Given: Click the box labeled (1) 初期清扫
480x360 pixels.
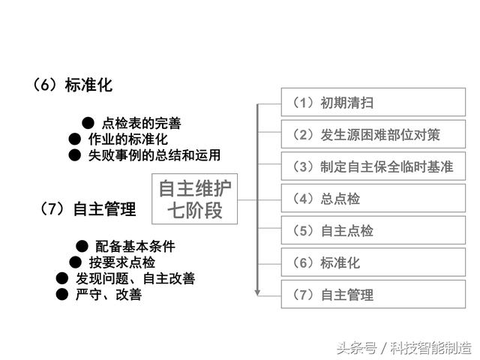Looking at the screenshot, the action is click(373, 102).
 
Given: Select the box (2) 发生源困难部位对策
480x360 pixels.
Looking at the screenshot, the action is click(373, 134).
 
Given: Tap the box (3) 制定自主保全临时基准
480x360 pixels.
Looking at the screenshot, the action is click(373, 166).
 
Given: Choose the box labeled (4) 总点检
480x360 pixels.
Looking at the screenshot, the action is click(373, 198).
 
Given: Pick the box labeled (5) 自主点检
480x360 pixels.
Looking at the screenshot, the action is click(373, 230).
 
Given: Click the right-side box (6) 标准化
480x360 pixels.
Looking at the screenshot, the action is click(373, 262).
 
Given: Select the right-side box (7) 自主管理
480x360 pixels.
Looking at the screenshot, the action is click(373, 294).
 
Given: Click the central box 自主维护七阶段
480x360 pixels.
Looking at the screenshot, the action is click(195, 199).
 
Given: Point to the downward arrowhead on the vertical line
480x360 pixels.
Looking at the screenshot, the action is click(257, 292).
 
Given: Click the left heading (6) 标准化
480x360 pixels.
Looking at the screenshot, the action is click(72, 85).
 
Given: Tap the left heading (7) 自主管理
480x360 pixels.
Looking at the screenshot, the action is click(88, 209).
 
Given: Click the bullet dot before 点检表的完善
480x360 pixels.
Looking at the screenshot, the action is click(88, 123).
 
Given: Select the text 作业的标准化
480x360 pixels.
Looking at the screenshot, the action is click(128, 139).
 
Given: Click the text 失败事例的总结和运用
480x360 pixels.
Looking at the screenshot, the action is click(154, 155).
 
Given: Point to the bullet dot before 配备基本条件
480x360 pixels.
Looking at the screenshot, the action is click(82, 246).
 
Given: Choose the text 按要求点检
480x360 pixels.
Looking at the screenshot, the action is click(121, 262).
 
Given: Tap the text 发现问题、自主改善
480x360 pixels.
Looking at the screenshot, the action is click(135, 278).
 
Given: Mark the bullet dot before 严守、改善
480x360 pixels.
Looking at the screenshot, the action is click(61, 295).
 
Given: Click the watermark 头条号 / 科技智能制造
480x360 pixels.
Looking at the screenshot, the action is click(404, 348).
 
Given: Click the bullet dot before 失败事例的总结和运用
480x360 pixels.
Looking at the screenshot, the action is click(75, 155).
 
